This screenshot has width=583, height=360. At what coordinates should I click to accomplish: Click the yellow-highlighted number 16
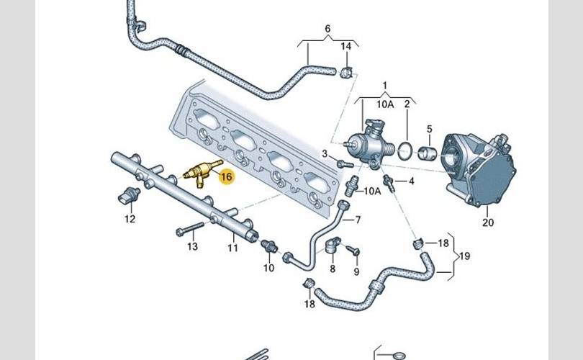(226, 176)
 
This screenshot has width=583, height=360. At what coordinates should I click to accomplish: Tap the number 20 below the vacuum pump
(488, 222)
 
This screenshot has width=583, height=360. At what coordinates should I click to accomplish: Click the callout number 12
(130, 219)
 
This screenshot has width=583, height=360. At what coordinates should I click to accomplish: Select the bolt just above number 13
(185, 231)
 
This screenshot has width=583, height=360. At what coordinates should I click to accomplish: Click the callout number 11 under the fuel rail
(232, 248)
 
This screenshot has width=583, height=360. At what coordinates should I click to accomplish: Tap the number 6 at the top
(327, 29)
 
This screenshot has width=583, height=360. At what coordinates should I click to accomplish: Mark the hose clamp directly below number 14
(347, 71)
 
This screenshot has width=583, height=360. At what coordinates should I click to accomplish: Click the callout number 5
(429, 130)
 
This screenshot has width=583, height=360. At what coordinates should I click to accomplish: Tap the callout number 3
(325, 153)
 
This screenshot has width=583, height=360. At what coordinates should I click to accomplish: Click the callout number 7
(358, 219)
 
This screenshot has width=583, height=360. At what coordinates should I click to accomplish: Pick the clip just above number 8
(333, 246)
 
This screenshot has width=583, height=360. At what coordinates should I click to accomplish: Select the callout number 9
(356, 271)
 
